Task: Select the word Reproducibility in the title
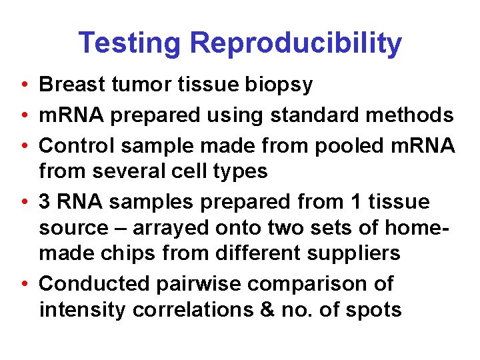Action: click(x=295, y=44)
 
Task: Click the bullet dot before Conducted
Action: click(x=23, y=284)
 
